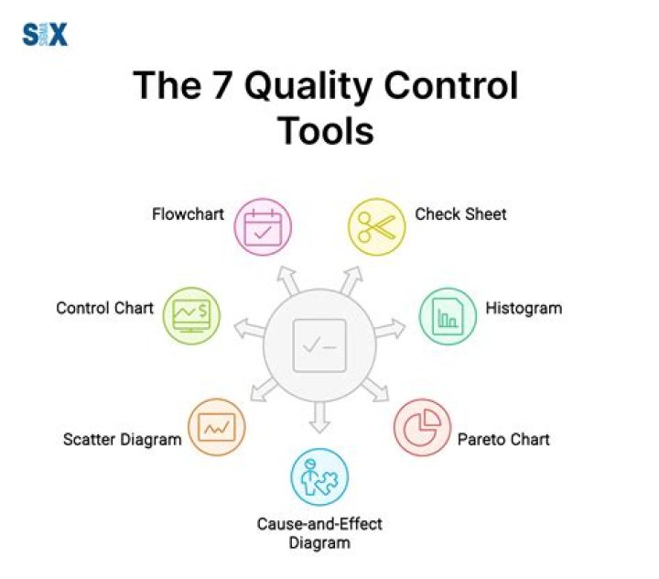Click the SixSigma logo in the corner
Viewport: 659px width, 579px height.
click(44, 35)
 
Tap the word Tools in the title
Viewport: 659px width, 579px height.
click(326, 130)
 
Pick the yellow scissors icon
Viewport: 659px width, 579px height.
click(375, 226)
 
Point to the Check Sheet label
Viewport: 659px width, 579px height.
click(460, 214)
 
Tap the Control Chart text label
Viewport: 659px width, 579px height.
click(104, 308)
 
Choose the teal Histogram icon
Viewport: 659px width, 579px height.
click(448, 316)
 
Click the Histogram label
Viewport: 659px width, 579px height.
click(524, 308)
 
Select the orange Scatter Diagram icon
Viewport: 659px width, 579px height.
click(217, 426)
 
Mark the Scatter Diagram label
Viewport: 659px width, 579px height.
click(122, 440)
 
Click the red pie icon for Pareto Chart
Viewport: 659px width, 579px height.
click(422, 426)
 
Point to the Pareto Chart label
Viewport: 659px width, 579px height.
click(503, 440)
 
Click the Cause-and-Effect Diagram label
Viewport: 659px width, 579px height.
click(319, 533)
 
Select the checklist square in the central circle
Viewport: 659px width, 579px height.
click(319, 345)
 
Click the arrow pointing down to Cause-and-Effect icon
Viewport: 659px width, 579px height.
click(319, 416)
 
